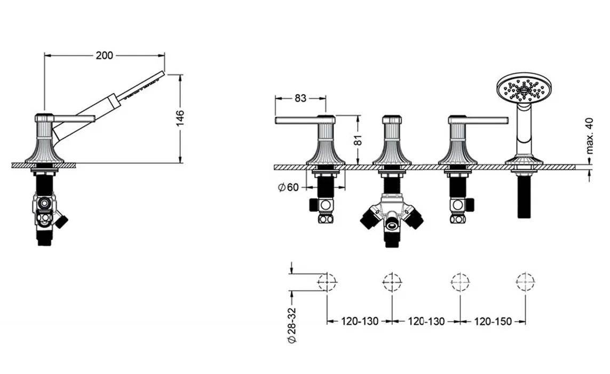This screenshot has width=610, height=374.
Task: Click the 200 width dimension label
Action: (104, 56)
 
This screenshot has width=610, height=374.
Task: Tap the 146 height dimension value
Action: (180, 118)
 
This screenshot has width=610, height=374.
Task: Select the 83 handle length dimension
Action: (300, 98)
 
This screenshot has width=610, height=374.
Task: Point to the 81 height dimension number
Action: (358, 140)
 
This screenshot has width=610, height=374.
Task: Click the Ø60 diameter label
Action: (288, 188)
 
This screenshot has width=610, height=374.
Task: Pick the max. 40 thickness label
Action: (590, 136)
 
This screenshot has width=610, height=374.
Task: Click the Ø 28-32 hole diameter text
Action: (292, 325)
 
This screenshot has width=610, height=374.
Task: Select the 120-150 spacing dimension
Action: (493, 322)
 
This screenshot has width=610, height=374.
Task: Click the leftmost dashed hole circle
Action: (327, 281)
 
